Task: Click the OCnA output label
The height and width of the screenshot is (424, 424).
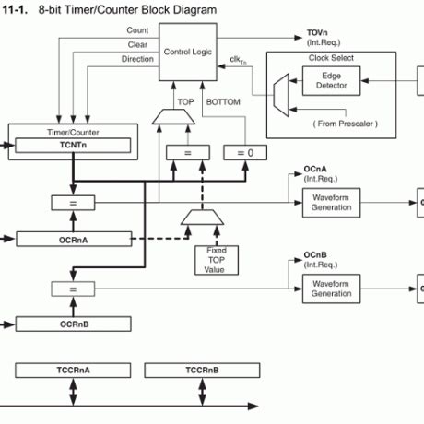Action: pos(315,170)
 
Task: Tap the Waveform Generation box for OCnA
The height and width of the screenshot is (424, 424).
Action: pos(331,202)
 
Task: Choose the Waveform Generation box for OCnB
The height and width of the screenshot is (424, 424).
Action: pos(331,289)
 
